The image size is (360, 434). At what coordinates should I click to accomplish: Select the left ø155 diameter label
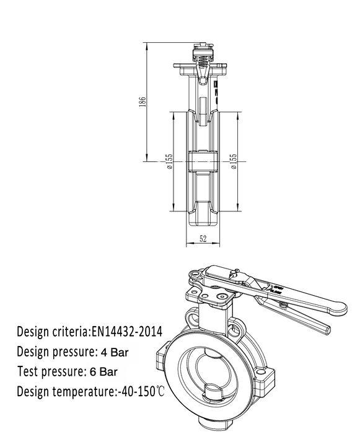point(169,161)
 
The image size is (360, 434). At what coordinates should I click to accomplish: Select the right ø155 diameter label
point(234,161)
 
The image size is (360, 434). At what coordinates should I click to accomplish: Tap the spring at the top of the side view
point(202,59)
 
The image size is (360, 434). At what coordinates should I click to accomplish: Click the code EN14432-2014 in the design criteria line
point(127,331)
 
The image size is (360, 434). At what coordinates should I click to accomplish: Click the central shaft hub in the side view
point(203,161)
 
